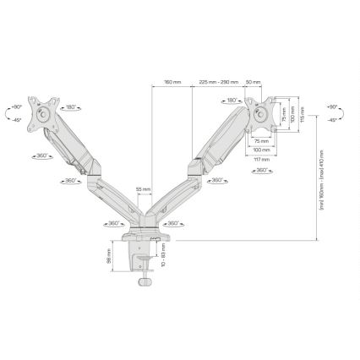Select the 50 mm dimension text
pyautogui.click(x=252, y=81)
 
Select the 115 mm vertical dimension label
pyautogui.click(x=302, y=112)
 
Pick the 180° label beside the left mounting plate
pyautogui.click(x=70, y=107)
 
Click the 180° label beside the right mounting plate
pyautogui.click(x=230, y=101)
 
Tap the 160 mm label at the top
pyautogui.click(x=172, y=81)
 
